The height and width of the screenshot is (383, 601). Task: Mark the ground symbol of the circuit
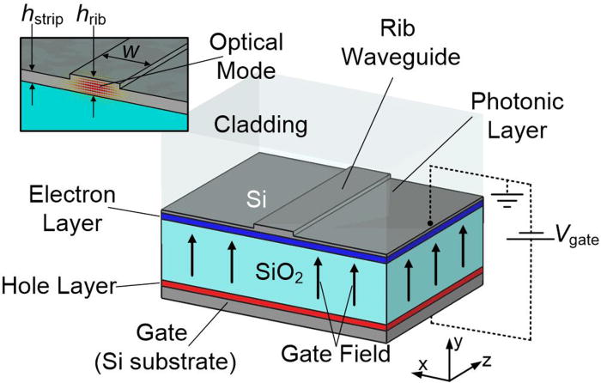click(x=513, y=200)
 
